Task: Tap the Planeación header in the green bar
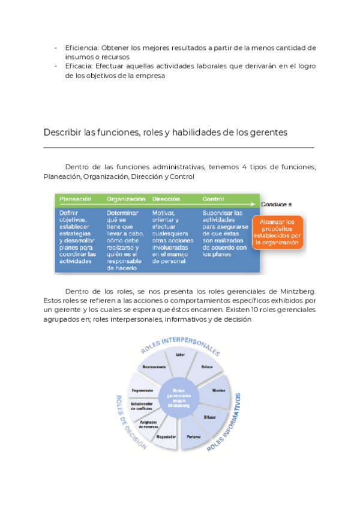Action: pyautogui.click(x=75, y=199)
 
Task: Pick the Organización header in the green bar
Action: pyautogui.click(x=126, y=199)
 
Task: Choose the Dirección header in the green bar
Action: pyautogui.click(x=166, y=199)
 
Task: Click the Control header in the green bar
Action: pyautogui.click(x=214, y=199)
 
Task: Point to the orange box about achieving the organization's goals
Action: pyautogui.click(x=278, y=232)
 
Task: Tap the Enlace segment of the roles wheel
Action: pyautogui.click(x=206, y=366)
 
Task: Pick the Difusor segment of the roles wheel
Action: pyautogui.click(x=210, y=416)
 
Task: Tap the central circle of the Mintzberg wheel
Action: pyautogui.click(x=178, y=397)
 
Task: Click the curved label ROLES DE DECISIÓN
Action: pyautogui.click(x=127, y=423)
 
